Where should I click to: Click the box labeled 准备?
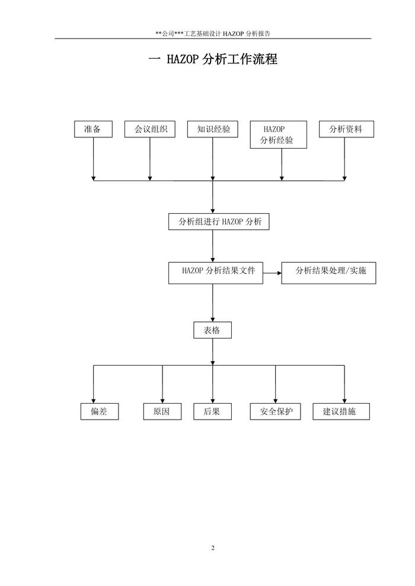click(93, 129)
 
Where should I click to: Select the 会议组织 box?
click(150, 129)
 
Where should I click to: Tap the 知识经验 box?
click(213, 129)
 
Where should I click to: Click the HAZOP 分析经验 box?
click(278, 135)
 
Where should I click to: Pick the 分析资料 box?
click(346, 129)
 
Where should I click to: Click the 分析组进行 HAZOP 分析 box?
click(219, 222)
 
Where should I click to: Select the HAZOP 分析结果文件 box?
click(215, 271)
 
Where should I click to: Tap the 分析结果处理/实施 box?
click(328, 272)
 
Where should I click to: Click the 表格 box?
click(212, 330)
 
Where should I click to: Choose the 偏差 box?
click(99, 411)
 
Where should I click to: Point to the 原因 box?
click(162, 411)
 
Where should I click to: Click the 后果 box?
click(212, 411)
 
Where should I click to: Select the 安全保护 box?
click(275, 411)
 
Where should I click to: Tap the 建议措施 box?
click(341, 411)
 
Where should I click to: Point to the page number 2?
click(213, 548)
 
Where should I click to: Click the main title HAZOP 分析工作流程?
click(213, 59)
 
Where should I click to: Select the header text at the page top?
click(213, 34)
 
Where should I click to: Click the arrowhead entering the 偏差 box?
click(94, 401)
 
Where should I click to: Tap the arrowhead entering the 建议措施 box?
click(344, 401)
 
